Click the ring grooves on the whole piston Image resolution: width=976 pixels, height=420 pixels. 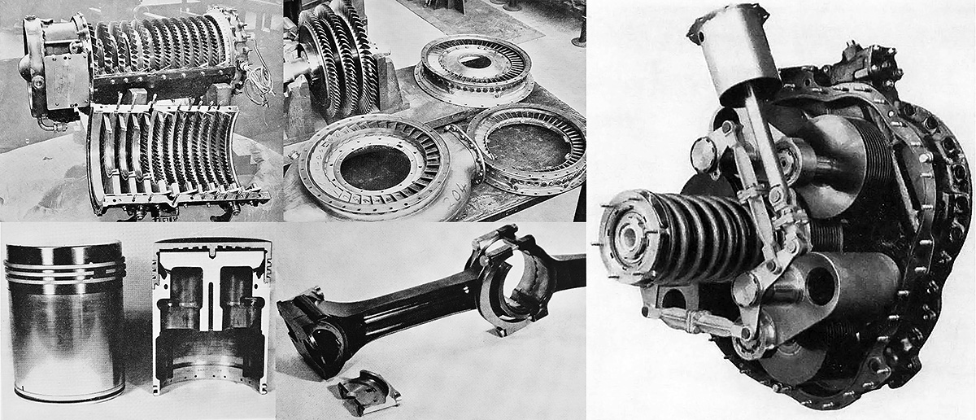(65, 270)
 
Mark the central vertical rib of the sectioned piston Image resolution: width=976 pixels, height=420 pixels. (210, 297)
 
